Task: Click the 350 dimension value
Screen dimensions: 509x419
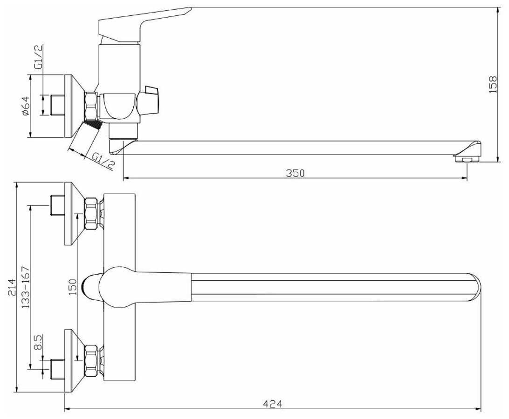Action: click(x=295, y=173)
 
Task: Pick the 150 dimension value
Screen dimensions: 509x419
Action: click(x=72, y=287)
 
